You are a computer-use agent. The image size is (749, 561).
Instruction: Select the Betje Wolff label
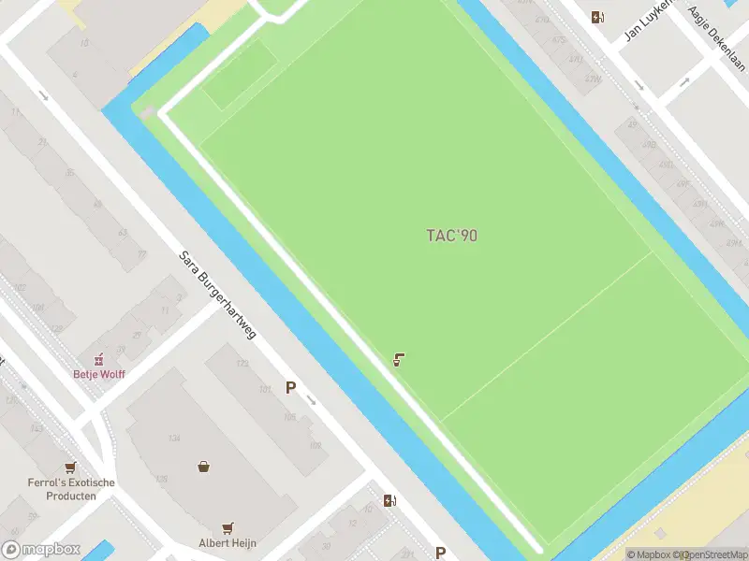point(99,374)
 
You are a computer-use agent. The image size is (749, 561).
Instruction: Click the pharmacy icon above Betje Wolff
point(97,359)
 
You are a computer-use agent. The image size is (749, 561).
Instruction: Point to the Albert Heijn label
point(228,543)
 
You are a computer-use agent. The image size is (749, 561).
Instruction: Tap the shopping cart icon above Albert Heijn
point(228,528)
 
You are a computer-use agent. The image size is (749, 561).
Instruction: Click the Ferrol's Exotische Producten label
point(71,489)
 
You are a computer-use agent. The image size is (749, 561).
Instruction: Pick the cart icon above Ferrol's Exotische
point(69,467)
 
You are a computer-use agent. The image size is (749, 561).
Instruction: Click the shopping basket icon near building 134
point(203,466)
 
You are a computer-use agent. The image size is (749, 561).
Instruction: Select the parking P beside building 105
point(290,388)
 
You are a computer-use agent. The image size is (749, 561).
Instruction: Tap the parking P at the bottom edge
point(440,553)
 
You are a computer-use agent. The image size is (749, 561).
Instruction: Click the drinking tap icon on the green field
point(399,359)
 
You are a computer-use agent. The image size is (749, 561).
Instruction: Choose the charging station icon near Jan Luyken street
point(597,16)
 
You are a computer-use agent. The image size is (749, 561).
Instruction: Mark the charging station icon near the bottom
point(389,500)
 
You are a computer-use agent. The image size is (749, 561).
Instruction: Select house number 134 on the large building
point(174,438)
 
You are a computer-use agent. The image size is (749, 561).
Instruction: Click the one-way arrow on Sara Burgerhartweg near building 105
point(312,402)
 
